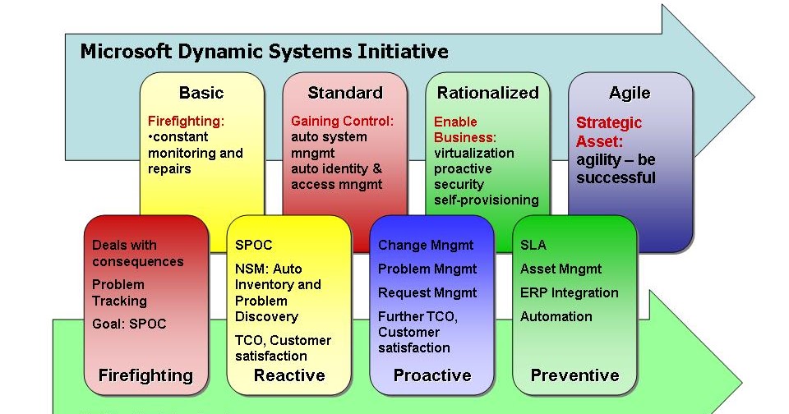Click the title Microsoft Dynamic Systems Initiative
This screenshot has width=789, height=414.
coord(264,52)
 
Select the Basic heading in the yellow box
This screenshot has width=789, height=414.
coord(201,93)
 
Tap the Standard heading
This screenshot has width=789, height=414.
coord(345,93)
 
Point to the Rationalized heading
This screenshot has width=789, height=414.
coord(487,93)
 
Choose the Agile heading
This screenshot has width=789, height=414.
coord(630,93)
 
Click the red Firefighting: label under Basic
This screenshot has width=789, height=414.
coord(186,121)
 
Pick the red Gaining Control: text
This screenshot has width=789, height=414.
coord(343,121)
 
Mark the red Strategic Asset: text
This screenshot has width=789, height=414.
coord(609,131)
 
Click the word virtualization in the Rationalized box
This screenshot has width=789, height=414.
coord(474,153)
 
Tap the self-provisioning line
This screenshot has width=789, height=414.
coord(487,200)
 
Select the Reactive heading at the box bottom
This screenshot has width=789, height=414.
coord(289,375)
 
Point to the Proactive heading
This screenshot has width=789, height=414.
coord(432,375)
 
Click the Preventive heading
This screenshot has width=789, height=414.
coord(574,375)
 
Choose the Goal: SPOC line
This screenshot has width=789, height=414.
coord(129,324)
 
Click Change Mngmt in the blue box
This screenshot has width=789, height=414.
coord(426,245)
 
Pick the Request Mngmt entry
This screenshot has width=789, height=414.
coord(427,292)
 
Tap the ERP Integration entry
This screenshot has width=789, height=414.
coord(570,292)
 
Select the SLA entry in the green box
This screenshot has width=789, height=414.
coord(533,245)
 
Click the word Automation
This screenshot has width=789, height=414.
coord(556,316)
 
